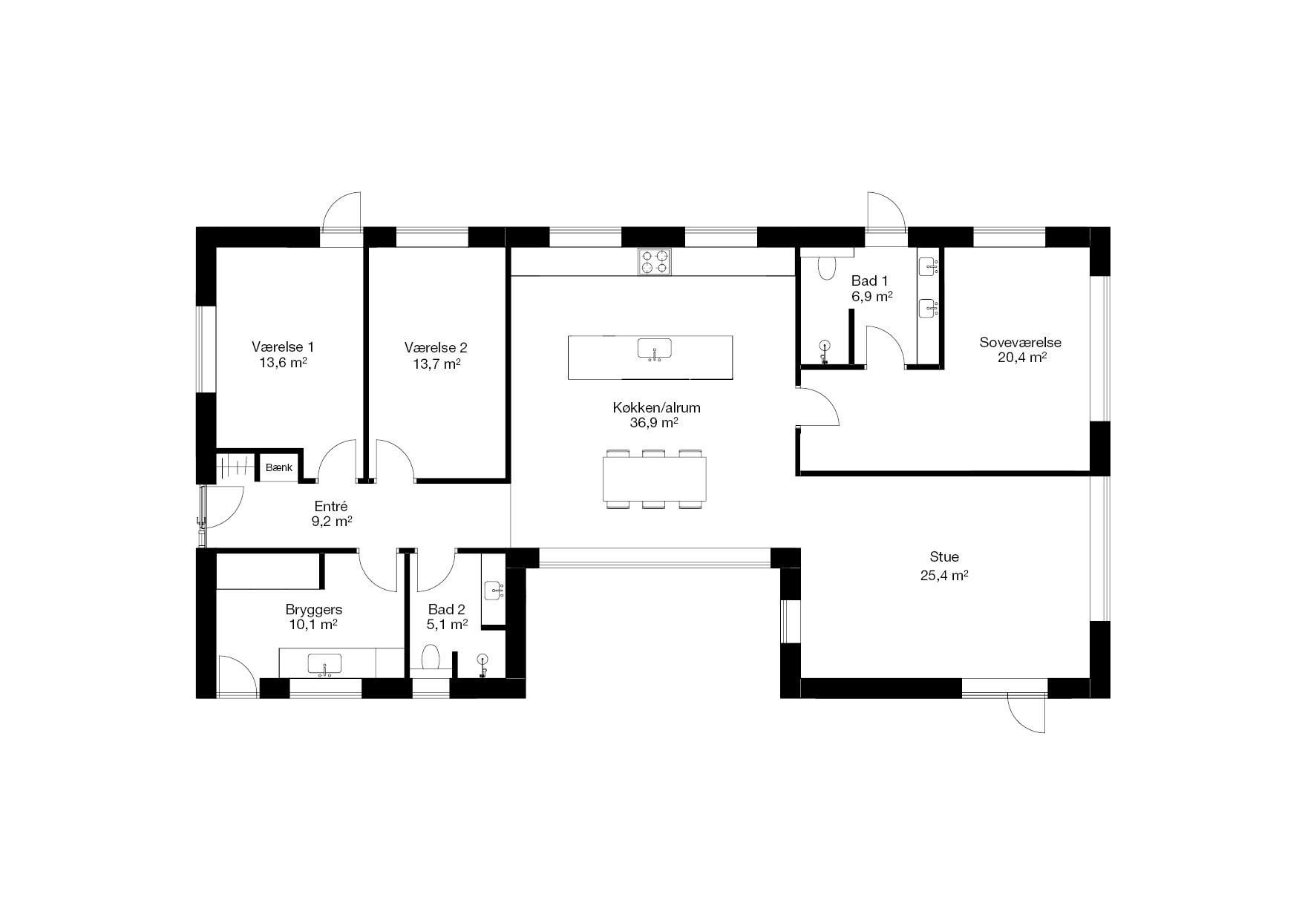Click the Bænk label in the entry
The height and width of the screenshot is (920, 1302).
click(x=279, y=468)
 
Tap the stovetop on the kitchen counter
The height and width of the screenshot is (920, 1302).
click(x=654, y=261)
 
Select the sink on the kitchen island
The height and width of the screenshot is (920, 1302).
click(x=654, y=348)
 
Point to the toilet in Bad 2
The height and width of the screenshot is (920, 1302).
click(x=431, y=657)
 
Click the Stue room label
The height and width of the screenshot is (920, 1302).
click(x=944, y=556)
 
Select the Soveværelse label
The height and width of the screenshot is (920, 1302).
click(x=1020, y=343)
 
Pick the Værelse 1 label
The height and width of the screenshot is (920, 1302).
click(x=283, y=346)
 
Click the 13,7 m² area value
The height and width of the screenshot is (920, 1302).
click(x=436, y=364)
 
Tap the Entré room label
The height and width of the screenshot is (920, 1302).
click(x=331, y=506)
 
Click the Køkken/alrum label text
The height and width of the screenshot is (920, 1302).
click(x=656, y=407)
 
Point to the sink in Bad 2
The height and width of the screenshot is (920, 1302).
click(x=493, y=591)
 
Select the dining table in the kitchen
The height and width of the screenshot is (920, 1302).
click(x=654, y=479)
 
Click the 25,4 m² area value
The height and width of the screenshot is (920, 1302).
click(x=944, y=575)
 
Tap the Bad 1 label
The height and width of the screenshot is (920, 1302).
click(x=869, y=280)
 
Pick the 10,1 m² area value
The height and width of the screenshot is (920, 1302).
click(x=313, y=624)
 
